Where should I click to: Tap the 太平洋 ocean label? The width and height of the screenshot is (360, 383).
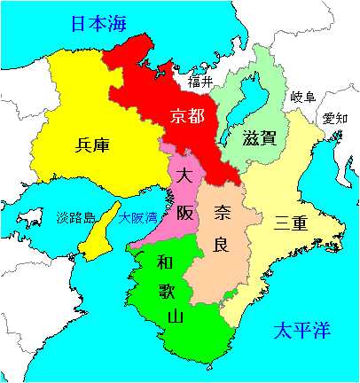pyautogui.click(x=301, y=332)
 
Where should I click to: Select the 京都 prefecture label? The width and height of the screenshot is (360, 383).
pyautogui.click(x=188, y=116)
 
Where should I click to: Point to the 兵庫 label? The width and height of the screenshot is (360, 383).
pyautogui.click(x=94, y=144)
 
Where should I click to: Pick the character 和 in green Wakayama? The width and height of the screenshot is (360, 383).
pyautogui.click(x=165, y=262)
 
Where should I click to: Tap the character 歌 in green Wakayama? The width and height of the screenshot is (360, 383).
pyautogui.click(x=167, y=289)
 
